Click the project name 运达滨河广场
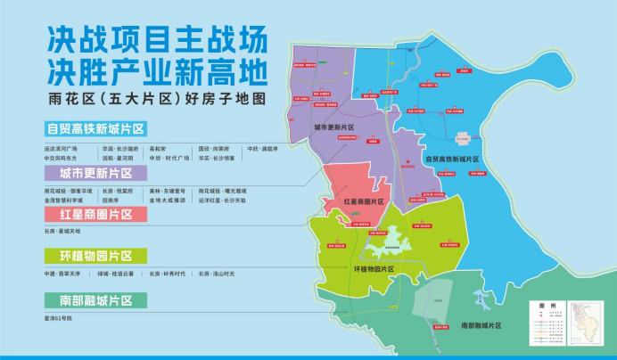coord(61,148)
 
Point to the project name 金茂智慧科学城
coord(63,200)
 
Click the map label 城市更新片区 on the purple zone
coord(333,128)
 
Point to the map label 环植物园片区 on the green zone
coord(374,267)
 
